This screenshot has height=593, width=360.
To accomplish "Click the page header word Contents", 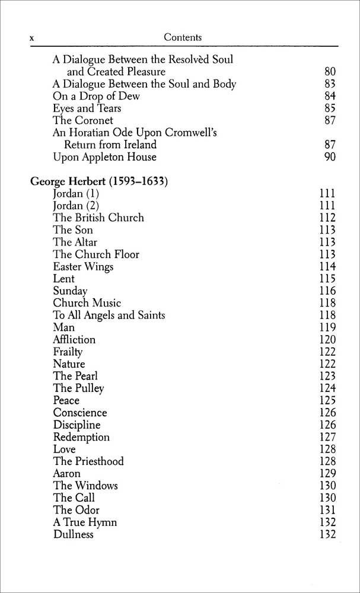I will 183,37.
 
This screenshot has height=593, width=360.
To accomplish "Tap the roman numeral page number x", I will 33,39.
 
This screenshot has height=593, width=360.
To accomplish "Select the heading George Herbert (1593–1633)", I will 98,181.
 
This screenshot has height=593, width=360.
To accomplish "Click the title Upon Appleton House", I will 104,157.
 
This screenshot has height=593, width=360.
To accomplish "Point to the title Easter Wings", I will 83,267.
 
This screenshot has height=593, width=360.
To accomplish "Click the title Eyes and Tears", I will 87,109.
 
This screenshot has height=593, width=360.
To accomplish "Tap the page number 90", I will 330,157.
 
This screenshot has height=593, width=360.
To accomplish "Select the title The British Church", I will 98,218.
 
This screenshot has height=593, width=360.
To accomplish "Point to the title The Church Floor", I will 96,254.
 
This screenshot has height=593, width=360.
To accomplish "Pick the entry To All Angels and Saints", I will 109,315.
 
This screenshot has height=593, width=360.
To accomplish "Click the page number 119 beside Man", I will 327,327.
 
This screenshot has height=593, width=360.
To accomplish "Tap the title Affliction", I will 74,340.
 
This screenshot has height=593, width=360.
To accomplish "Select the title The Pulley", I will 78,388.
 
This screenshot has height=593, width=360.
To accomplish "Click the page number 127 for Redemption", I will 327,437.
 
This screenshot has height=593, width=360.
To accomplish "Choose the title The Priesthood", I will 88,461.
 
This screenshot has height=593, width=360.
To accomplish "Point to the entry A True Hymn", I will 85,522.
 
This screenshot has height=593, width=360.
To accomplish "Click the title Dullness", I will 74,534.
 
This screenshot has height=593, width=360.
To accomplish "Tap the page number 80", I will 330,72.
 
